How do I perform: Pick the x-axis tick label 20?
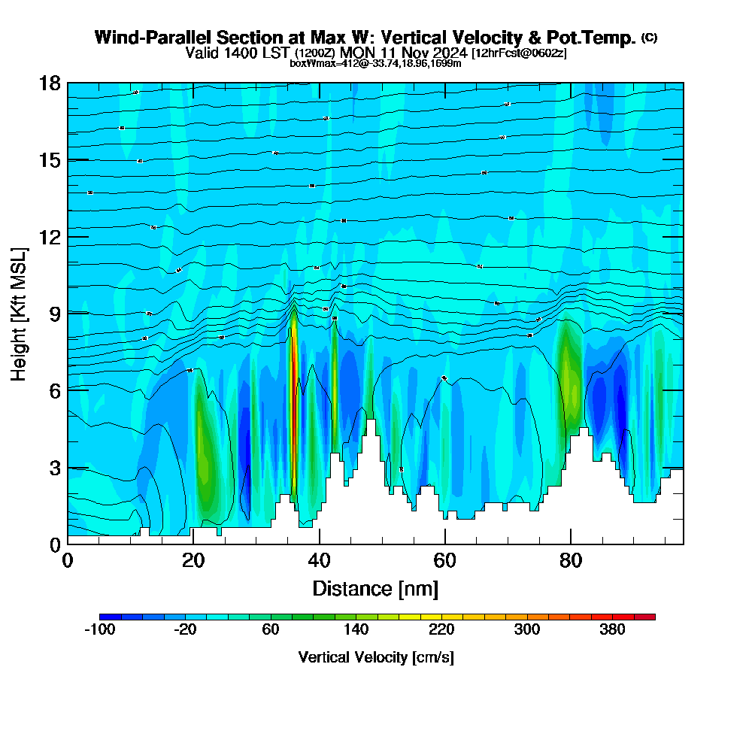pos(193,560)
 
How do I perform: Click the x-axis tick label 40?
pos(320,560)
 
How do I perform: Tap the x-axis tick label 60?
pos(445,560)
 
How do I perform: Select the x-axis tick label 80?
pos(571,560)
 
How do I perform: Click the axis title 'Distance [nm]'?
pos(375,588)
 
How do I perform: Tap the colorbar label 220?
pos(441,630)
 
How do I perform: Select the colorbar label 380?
pos(612,630)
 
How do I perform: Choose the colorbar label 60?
pos(271,630)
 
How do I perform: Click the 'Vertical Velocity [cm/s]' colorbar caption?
pos(376,657)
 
